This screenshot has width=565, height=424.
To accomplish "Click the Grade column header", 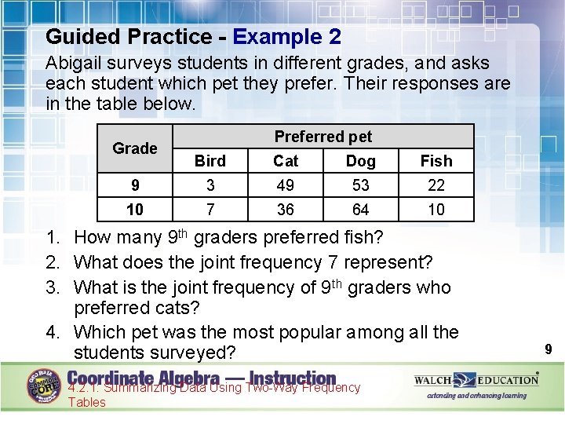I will pyautogui.click(x=135, y=148).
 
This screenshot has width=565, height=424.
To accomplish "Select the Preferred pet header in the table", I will pyautogui.click(x=323, y=137).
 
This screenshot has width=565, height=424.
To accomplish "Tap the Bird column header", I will pyautogui.click(x=210, y=161).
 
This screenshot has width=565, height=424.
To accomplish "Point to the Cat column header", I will pyautogui.click(x=286, y=161).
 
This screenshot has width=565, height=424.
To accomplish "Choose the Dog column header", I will pyautogui.click(x=360, y=161).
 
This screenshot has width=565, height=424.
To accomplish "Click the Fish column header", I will pyautogui.click(x=436, y=161).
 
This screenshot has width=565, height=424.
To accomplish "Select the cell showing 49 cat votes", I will pyautogui.click(x=286, y=185).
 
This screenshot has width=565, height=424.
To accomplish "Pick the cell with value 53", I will pyautogui.click(x=360, y=185).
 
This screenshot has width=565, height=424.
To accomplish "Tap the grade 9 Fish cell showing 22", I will pyautogui.click(x=436, y=185).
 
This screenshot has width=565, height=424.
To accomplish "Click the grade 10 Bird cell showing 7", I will pyautogui.click(x=210, y=210).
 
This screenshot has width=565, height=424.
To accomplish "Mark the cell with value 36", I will pyautogui.click(x=286, y=210).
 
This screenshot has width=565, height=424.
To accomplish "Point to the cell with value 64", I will pyautogui.click(x=360, y=210).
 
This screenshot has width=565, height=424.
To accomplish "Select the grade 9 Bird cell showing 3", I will pyautogui.click(x=210, y=185).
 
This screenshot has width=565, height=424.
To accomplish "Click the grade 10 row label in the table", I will pyautogui.click(x=135, y=210).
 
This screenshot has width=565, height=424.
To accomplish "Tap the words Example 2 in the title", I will pyautogui.click(x=286, y=37).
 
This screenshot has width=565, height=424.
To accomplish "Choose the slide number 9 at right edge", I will pyautogui.click(x=549, y=349).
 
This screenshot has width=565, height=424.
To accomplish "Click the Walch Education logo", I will pyautogui.click(x=476, y=380).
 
